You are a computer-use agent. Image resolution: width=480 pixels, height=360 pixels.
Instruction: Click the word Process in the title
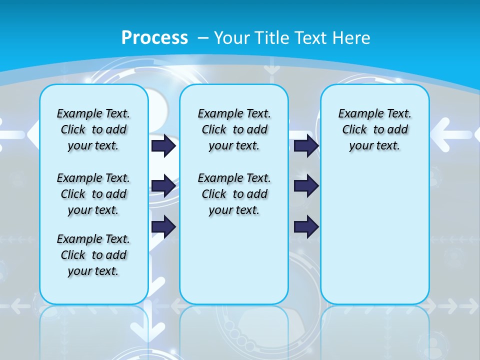(154, 38)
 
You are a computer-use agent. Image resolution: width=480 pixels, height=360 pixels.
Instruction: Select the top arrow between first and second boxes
(163, 146)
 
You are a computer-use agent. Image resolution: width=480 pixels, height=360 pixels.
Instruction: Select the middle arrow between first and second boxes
(163, 186)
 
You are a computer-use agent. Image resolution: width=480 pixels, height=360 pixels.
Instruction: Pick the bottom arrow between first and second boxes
(163, 227)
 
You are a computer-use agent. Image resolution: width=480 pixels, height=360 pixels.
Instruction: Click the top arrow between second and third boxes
(306, 146)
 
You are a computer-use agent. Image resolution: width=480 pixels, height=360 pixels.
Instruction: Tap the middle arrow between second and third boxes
(306, 186)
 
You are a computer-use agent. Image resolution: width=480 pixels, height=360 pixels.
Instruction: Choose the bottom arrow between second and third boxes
(306, 227)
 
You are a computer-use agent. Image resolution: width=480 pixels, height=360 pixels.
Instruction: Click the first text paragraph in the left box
(93, 129)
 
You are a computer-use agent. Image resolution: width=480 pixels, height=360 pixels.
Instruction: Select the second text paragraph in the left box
(93, 194)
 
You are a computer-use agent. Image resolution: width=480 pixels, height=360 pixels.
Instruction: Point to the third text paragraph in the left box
(93, 255)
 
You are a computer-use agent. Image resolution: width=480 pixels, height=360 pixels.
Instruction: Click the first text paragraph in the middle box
(234, 129)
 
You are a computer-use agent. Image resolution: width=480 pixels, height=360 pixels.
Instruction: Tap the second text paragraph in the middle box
(234, 194)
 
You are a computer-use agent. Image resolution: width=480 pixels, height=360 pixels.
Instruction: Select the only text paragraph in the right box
(374, 129)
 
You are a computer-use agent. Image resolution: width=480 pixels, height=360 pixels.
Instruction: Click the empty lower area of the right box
(374, 240)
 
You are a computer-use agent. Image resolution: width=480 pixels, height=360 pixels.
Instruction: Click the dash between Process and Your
(203, 38)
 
